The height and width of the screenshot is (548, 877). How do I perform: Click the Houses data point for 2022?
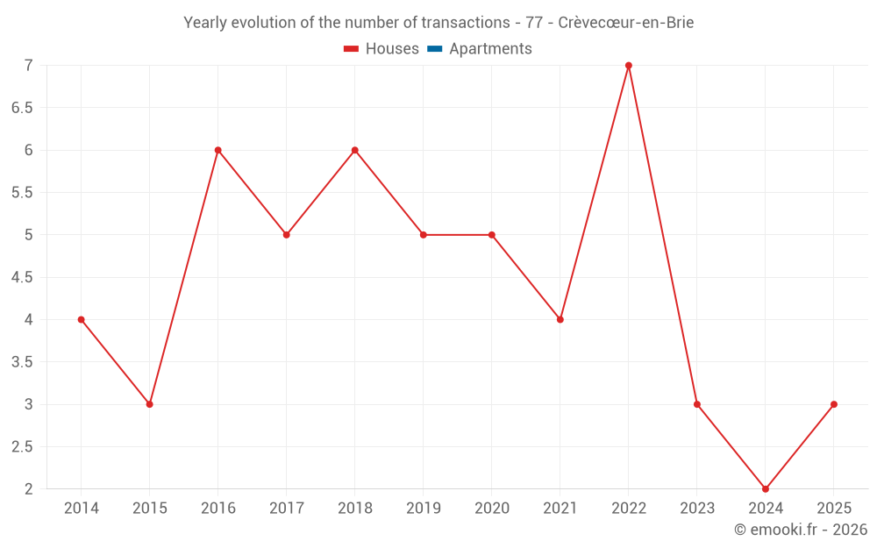[629, 66]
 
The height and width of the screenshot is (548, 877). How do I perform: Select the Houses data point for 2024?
[766, 488]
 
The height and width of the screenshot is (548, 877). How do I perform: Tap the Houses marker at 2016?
[218, 150]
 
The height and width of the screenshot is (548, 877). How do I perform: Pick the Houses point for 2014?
[82, 319]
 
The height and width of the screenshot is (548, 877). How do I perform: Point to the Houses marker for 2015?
[150, 404]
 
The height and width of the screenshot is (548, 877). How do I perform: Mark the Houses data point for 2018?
[355, 150]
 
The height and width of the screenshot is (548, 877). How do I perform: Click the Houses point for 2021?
[560, 319]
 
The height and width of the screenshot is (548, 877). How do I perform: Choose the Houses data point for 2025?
[834, 404]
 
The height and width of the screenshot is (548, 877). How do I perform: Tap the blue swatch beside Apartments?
[434, 49]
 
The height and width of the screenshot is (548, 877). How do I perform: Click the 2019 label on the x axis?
[424, 509]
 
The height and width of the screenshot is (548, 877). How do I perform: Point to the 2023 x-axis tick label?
[697, 509]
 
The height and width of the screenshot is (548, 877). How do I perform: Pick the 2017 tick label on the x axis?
[287, 509]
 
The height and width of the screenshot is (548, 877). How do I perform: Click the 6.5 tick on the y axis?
[22, 108]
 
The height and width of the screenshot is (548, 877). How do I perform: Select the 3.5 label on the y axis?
[22, 362]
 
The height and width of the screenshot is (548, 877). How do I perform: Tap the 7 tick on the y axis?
[29, 66]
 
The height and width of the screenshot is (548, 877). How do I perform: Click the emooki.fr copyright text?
[801, 530]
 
